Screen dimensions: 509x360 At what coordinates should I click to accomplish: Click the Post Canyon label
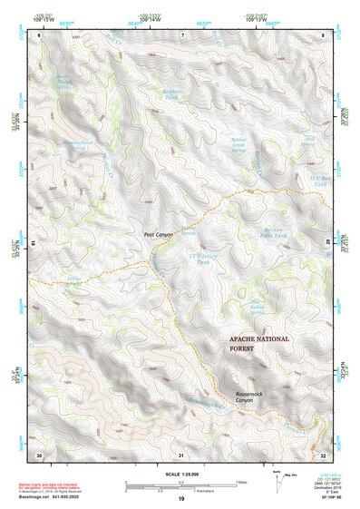pos(158,235)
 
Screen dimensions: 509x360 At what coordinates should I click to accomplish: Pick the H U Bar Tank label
pos(312,180)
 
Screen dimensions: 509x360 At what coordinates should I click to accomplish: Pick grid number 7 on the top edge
pos(181,34)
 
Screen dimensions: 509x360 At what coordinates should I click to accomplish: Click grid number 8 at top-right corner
pos(324,34)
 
